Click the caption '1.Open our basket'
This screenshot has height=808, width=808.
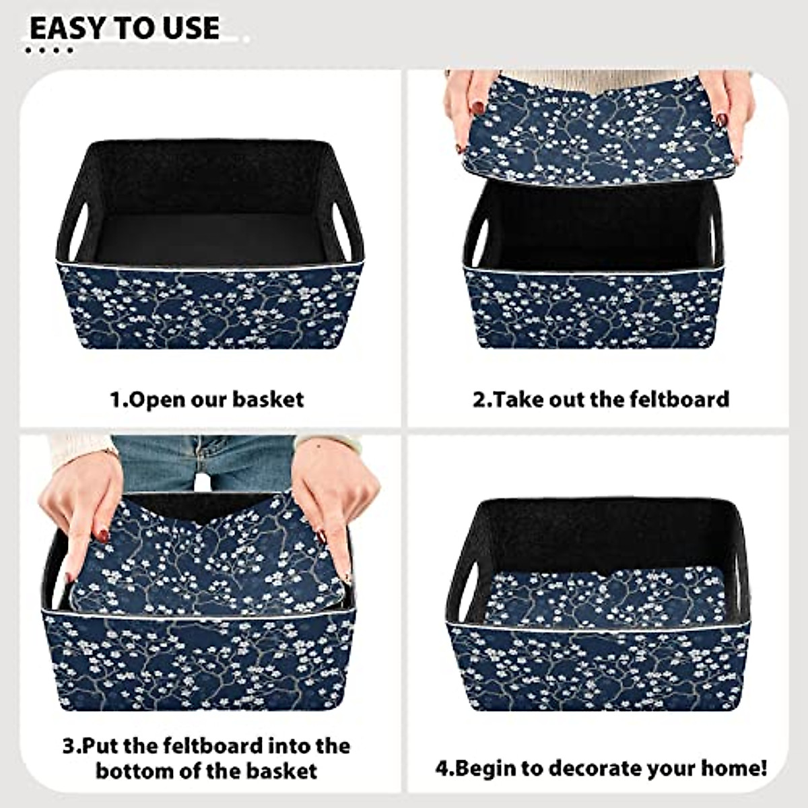click(207, 399)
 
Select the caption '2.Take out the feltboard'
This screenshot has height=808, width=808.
click(601, 399)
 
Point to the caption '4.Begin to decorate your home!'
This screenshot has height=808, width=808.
click(601, 768)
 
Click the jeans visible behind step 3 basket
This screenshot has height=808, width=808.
click(202, 461)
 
